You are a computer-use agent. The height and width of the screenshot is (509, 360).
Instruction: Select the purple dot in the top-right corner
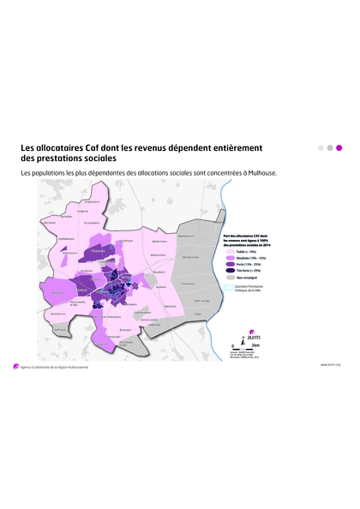pos(339,147)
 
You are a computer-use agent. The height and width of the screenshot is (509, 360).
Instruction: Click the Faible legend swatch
pos(230,252)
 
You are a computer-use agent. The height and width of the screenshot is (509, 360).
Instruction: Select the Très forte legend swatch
pos(230,271)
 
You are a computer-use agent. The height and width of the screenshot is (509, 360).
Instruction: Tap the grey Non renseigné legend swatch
pos(230,278)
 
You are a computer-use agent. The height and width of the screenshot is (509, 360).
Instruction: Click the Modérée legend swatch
pos(230,258)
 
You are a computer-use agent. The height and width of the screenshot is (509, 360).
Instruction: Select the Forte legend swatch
pos(230,265)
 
